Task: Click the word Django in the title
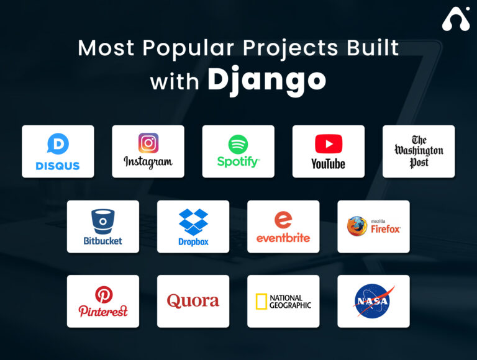click(266, 80)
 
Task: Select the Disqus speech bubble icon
click(58, 144)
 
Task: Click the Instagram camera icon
click(148, 143)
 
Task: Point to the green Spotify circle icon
click(238, 144)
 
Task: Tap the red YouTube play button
click(329, 144)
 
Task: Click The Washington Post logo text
click(419, 151)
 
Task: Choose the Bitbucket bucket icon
click(103, 221)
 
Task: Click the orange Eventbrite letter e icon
click(283, 220)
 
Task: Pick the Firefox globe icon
click(357, 226)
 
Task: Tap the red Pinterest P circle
click(103, 294)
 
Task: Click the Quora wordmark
click(193, 301)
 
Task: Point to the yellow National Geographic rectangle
click(261, 302)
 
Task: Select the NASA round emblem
click(373, 301)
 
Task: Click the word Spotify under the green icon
click(238, 162)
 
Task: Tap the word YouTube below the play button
click(328, 164)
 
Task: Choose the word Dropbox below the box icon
click(193, 241)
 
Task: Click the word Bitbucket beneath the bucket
click(103, 240)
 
